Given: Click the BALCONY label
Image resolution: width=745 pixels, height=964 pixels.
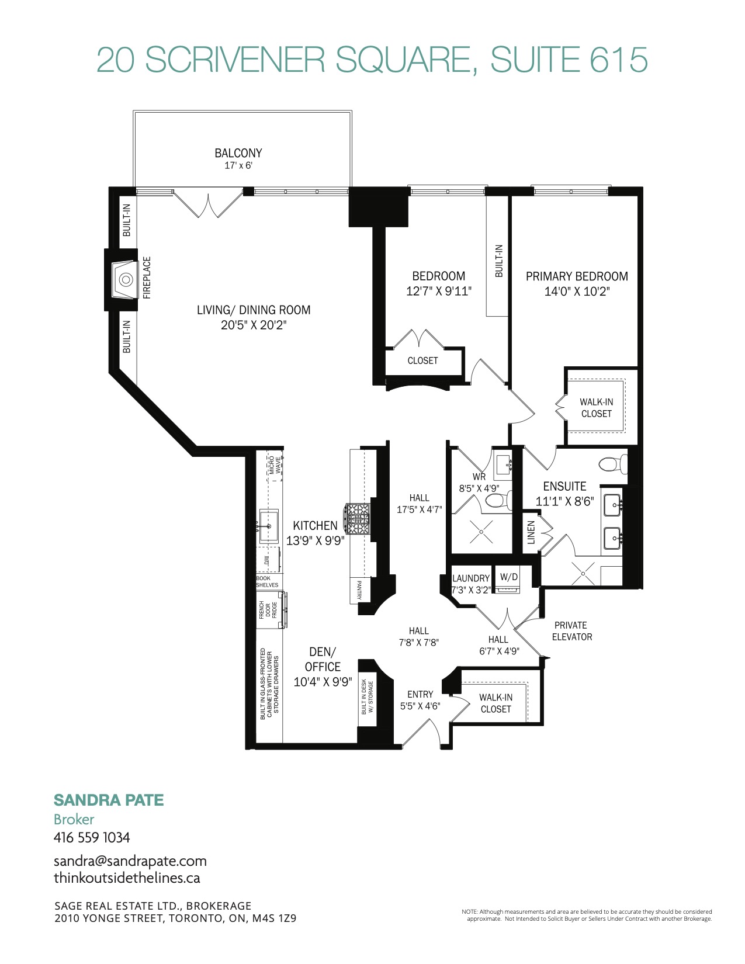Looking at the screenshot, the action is tap(238, 153).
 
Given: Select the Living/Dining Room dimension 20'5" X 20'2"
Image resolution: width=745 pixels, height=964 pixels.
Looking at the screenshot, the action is tap(254, 325).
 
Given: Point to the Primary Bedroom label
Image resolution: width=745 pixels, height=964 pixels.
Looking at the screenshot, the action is tap(577, 276).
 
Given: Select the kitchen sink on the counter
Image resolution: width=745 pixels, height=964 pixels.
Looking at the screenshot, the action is tap(269, 526).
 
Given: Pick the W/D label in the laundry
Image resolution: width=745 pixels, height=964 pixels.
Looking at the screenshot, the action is tap(509, 577).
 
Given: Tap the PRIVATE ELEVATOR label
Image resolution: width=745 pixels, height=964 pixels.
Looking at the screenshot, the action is tap(572, 631).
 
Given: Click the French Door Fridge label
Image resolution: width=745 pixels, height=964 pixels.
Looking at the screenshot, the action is tap(268, 610).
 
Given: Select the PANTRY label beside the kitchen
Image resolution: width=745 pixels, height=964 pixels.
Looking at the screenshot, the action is tap(359, 590).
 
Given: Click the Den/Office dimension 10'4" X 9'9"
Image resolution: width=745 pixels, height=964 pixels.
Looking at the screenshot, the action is tap(323, 682).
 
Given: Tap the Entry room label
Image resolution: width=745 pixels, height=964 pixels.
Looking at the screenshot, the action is tap(420, 694).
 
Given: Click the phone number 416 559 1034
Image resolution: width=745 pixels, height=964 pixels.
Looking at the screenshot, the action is tap(92, 838).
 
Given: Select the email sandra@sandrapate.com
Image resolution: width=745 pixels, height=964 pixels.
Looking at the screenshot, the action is tap(130, 861).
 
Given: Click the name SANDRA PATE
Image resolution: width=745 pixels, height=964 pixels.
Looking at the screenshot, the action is tap(109, 800).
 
